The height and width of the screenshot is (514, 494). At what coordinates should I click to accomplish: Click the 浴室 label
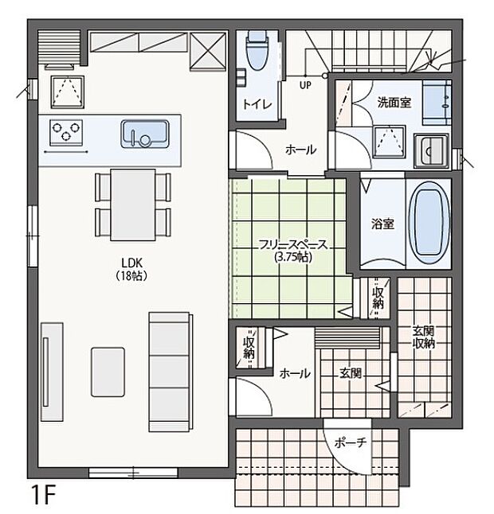[382, 224]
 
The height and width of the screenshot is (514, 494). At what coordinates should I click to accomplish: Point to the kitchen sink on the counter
[143, 133]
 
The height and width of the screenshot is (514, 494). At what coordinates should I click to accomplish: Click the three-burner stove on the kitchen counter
[66, 129]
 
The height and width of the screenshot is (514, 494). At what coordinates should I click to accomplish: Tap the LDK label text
[131, 263]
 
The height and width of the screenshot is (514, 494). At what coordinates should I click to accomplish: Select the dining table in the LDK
[131, 204]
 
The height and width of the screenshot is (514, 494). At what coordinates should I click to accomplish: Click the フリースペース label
[293, 246]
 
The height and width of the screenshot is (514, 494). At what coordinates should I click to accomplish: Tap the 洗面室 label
[394, 102]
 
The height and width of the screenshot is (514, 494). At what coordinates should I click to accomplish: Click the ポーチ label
[350, 443]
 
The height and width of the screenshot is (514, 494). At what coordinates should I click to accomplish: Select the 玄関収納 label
[423, 337]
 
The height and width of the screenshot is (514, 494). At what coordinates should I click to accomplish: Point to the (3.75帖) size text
[293, 258]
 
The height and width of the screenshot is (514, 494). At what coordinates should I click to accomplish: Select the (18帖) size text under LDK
[131, 275]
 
